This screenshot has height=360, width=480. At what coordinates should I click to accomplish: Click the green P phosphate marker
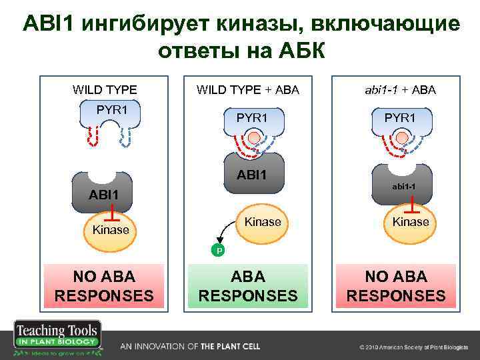click(x=217, y=251)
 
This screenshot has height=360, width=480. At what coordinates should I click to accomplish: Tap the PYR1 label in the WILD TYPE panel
click(x=112, y=109)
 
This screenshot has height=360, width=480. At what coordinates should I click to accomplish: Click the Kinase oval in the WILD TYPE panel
click(x=111, y=231)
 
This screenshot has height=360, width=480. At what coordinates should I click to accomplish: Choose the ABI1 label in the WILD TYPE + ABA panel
click(x=253, y=175)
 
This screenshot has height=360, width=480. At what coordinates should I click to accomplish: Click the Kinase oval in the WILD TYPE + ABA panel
click(x=263, y=223)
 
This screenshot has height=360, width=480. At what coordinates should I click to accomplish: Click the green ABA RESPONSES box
click(x=248, y=286)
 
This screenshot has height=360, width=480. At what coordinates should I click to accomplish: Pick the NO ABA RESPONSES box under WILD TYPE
click(x=103, y=286)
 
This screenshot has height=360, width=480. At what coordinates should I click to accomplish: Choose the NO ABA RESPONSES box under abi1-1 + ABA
click(x=396, y=286)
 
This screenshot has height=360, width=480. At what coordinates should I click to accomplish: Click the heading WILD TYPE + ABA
click(x=247, y=89)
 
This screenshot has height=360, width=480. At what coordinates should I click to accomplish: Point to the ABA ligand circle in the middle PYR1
click(x=254, y=139)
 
